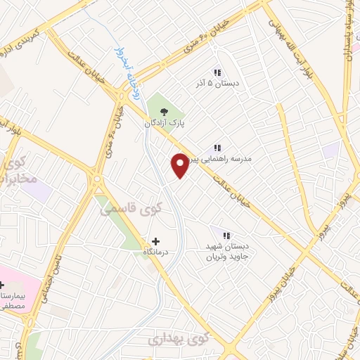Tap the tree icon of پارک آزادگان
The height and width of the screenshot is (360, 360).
164,111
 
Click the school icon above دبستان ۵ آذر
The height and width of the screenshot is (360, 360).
218,72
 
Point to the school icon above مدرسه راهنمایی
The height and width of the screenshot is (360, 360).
218,148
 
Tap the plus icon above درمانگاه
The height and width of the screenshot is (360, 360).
155,240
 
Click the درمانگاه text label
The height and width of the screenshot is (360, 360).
155,251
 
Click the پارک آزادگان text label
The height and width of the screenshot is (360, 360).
164,123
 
